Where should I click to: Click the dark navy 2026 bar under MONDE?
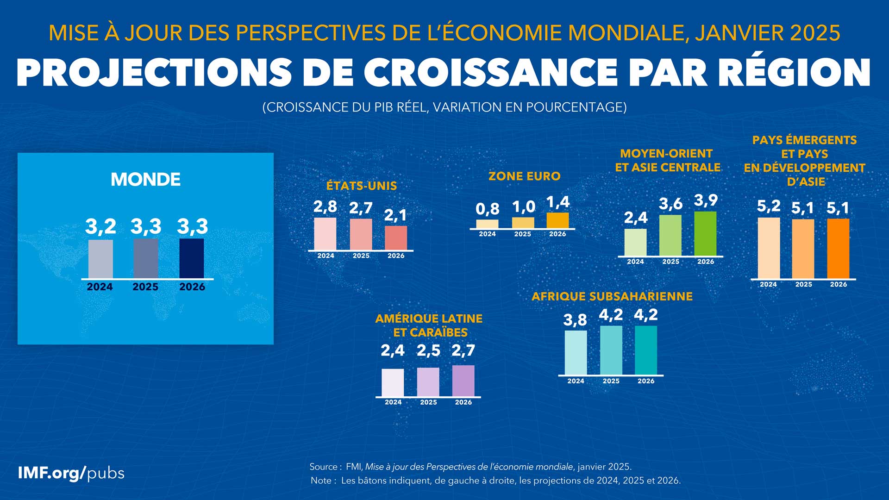(192, 258)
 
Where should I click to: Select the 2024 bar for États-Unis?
(326, 234)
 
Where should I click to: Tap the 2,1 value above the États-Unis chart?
(395, 215)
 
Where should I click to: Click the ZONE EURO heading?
(525, 176)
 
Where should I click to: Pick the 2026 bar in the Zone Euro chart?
(557, 220)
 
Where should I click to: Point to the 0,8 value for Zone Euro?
(487, 209)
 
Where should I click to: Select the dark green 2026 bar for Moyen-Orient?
(705, 233)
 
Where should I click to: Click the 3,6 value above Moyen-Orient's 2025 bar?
(670, 204)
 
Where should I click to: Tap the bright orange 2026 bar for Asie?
(838, 249)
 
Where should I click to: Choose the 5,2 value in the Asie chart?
(769, 206)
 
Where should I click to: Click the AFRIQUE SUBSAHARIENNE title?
(612, 297)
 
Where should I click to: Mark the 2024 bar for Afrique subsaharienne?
(576, 352)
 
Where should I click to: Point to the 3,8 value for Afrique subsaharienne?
(575, 320)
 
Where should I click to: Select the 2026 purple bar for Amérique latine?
(463, 381)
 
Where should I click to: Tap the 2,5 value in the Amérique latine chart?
(428, 350)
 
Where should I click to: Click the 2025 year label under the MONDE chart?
(145, 287)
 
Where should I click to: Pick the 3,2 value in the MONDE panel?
(100, 226)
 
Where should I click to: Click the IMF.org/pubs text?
(71, 473)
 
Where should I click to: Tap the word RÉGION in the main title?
(795, 73)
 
